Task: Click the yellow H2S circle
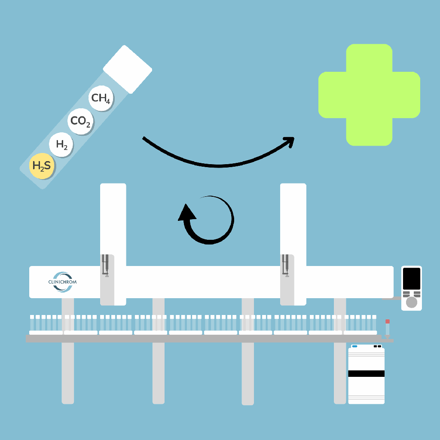[x=42, y=166]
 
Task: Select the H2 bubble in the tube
[x=61, y=144]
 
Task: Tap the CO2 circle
[x=80, y=121]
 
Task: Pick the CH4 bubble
[x=101, y=98]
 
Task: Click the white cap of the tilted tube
[x=128, y=69]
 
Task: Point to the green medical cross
[x=369, y=95]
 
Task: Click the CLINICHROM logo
[x=62, y=282]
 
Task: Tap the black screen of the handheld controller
[x=411, y=278]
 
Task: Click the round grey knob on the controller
[x=411, y=302]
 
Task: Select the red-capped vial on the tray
[x=388, y=328]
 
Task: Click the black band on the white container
[x=366, y=373]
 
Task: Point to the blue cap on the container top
[x=354, y=346]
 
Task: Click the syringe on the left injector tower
[x=106, y=266]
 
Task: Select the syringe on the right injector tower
[x=285, y=266]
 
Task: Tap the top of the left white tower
[x=113, y=184]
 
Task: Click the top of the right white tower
[x=293, y=184]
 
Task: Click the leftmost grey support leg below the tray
[x=67, y=373]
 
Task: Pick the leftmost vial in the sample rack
[x=32, y=323]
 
